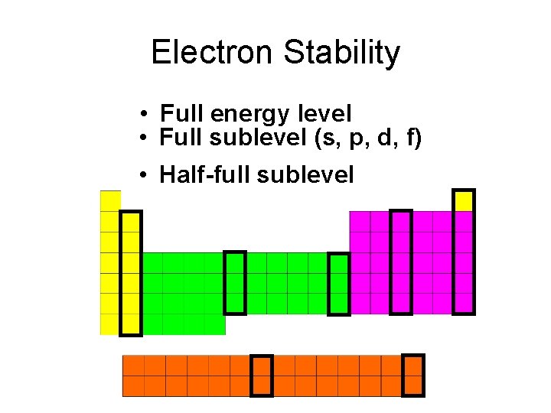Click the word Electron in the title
point(211,53)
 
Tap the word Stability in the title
point(341,53)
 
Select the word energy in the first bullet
point(249,115)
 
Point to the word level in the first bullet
point(322,114)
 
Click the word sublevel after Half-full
point(306,175)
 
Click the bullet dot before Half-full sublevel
point(143,176)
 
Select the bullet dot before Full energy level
point(143,115)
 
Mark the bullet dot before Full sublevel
point(143,139)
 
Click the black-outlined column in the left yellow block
point(131,273)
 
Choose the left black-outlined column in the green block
point(235,282)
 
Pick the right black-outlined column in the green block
point(338,284)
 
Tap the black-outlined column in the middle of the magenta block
point(401,262)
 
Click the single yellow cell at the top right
point(463,200)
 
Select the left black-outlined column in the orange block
point(262,376)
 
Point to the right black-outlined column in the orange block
point(413,375)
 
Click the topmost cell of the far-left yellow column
point(110,200)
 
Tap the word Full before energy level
point(181,114)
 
